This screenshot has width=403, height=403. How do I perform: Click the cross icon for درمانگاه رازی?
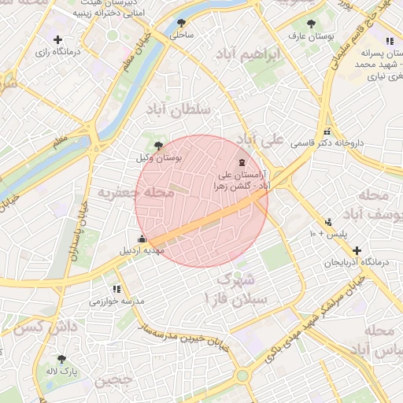[x=57, y=39]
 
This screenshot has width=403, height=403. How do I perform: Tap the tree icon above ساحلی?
[x=182, y=23]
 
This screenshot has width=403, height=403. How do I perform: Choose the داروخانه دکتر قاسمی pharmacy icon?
[x=327, y=132]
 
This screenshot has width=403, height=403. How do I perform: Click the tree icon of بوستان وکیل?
[x=159, y=145]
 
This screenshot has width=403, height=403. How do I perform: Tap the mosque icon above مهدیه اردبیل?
[x=142, y=238]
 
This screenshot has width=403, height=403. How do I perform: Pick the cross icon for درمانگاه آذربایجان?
[x=357, y=250]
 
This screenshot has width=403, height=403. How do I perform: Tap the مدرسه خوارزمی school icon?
[x=116, y=289]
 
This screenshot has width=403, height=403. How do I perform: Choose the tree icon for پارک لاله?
[x=61, y=359]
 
